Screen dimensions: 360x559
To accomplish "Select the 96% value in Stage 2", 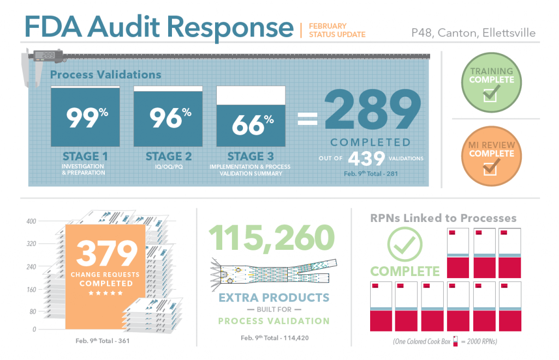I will tap(168, 118).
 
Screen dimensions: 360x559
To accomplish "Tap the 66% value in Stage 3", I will tap(251, 125).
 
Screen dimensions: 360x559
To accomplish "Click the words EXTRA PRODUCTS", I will tap(274, 298).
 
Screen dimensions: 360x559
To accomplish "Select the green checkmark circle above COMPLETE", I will tap(405, 244).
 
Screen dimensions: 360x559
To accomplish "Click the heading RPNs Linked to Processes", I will tap(443, 218).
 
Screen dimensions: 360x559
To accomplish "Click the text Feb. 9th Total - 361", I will tap(104, 341).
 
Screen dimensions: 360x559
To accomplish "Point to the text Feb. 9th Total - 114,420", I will tap(275, 338).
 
